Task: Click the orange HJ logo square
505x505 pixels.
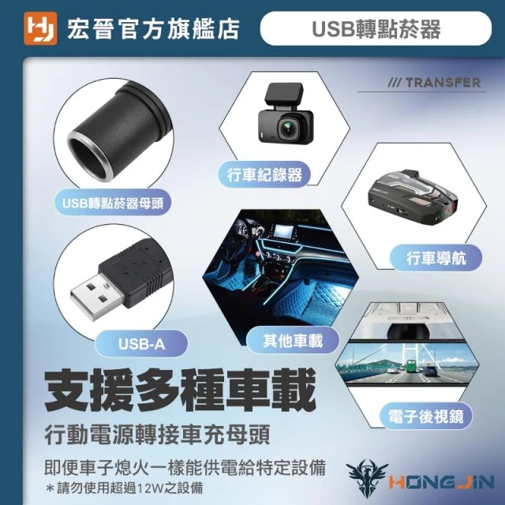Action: point(40,28)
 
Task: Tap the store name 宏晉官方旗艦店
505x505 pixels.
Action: point(153,29)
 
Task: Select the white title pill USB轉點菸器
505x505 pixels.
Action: point(376,28)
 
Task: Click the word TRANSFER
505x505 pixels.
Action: point(443,82)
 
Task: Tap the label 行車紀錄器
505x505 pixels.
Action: point(264,175)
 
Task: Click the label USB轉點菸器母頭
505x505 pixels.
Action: point(113,203)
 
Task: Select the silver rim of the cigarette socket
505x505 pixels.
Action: point(88,157)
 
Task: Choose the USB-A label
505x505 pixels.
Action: point(141,344)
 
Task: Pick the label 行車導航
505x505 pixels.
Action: point(436,258)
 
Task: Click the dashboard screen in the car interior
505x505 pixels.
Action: point(283,231)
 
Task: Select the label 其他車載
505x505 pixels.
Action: point(293,341)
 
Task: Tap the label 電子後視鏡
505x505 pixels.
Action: point(426,416)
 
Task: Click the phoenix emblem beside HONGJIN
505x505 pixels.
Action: point(367,479)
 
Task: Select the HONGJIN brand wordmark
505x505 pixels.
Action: point(441,482)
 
